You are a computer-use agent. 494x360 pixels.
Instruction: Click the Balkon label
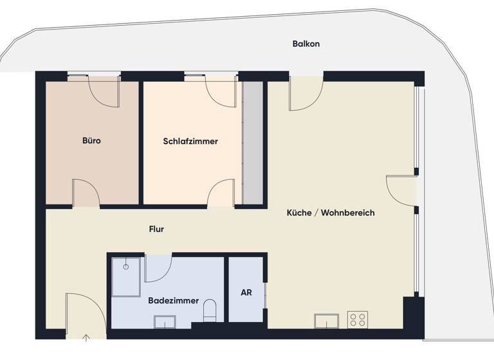pyautogui.click(x=306, y=44)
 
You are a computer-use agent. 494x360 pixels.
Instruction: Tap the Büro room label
pyautogui.click(x=91, y=141)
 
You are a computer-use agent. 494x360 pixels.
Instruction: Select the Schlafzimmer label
pyautogui.click(x=190, y=141)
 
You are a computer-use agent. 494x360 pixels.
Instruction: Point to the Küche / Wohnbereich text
pyautogui.click(x=331, y=213)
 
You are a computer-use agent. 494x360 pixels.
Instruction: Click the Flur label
pyautogui.click(x=156, y=229)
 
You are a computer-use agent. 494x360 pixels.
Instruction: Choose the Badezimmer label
pyautogui.click(x=173, y=301)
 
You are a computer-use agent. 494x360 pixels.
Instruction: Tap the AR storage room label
pyautogui.click(x=246, y=292)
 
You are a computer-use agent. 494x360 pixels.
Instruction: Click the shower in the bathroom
pyautogui.click(x=125, y=276)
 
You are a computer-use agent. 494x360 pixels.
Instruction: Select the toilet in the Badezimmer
pyautogui.click(x=210, y=310)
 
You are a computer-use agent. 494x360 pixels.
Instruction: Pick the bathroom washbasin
pyautogui.click(x=165, y=320)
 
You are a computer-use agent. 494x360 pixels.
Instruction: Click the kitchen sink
pyautogui.click(x=327, y=320)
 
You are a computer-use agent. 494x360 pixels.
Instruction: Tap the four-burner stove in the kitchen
pyautogui.click(x=358, y=320)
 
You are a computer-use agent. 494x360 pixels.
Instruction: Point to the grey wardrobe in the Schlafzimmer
pyautogui.click(x=253, y=142)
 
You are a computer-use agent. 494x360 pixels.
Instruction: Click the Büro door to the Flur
pyautogui.click(x=85, y=193)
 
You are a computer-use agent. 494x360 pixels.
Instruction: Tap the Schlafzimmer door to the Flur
pyautogui.click(x=221, y=192)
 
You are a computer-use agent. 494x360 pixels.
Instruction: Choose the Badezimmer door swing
pyautogui.click(x=157, y=267)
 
